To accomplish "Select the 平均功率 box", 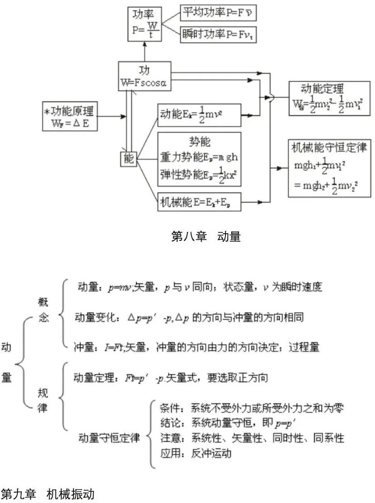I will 218,13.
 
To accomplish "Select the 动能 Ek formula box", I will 199,115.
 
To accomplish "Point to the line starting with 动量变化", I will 189,317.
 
